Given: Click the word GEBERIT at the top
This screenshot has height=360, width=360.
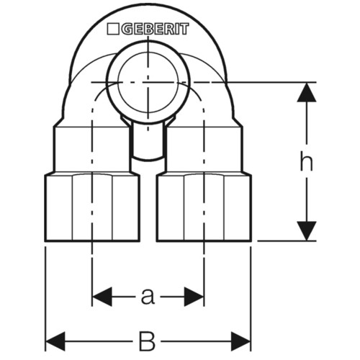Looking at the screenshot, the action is [x=155, y=29].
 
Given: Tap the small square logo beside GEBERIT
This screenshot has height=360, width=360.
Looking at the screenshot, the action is [x=113, y=29].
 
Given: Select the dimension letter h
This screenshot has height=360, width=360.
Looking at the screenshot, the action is [x=307, y=163].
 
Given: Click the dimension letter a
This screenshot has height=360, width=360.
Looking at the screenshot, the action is [x=148, y=296].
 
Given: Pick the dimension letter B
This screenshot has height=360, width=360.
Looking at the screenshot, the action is [x=148, y=341].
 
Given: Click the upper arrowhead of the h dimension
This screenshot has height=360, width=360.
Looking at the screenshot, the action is [x=307, y=92].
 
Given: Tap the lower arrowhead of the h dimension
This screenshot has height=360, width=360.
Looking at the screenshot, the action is [x=307, y=231].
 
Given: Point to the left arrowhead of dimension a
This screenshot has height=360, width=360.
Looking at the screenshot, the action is [x=102, y=297].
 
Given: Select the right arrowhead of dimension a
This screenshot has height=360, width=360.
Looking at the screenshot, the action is [x=194, y=297].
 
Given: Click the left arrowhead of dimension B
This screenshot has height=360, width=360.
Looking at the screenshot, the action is [x=55, y=341].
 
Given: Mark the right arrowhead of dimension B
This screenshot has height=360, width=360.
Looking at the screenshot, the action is [x=240, y=341].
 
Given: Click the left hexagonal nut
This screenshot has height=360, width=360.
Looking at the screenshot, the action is [x=92, y=207].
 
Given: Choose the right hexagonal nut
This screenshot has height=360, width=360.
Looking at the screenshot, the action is [x=204, y=207].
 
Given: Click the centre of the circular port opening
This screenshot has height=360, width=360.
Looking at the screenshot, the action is [x=148, y=82].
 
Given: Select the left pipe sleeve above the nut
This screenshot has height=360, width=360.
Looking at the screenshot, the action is [x=92, y=150].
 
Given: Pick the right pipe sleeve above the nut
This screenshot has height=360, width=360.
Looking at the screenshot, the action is [x=204, y=150].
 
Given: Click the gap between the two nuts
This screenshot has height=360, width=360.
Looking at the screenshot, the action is [x=148, y=207].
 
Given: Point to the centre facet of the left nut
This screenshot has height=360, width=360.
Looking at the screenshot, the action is [x=92, y=207].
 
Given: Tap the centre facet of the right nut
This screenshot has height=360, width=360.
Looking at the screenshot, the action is [x=204, y=207].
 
